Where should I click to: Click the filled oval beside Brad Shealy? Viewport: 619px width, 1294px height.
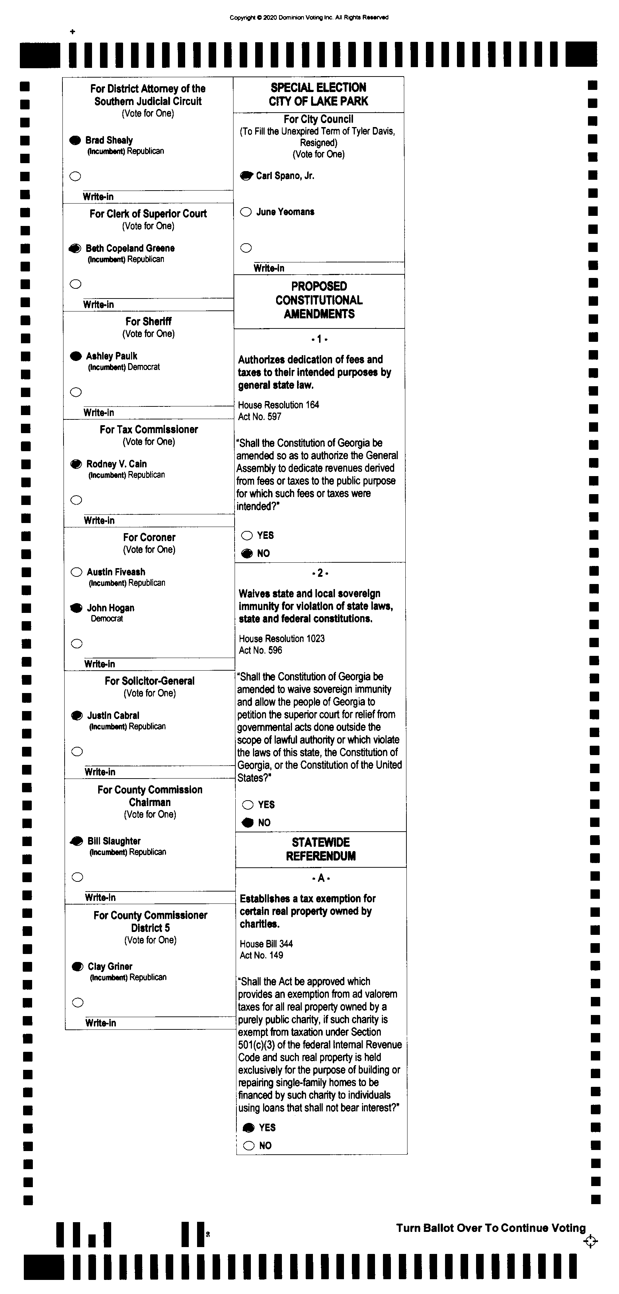tap(75, 140)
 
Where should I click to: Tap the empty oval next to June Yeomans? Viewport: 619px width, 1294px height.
tap(246, 212)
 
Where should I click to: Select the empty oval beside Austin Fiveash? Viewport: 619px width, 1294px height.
tap(77, 572)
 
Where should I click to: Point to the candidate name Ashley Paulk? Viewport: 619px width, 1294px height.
tap(112, 356)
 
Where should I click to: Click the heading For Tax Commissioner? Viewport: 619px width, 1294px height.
tap(149, 430)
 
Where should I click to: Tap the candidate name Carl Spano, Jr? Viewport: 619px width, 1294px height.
tap(285, 176)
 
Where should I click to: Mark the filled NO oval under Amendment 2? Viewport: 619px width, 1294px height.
tap(248, 822)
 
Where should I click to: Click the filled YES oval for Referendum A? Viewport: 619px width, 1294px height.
tap(249, 1128)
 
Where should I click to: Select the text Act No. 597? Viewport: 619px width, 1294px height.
tap(260, 417)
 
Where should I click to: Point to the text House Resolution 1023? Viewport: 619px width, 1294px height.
tap(282, 639)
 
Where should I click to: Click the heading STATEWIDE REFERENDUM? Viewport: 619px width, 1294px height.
tap(321, 849)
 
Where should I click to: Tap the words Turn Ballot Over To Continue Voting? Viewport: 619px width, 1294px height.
tap(491, 1228)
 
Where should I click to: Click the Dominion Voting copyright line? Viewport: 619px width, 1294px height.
tap(309, 18)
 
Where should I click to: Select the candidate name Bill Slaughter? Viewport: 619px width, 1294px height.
tap(114, 841)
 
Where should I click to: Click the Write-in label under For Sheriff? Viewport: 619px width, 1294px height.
tap(99, 413)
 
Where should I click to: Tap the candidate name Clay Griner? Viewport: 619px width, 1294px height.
tap(110, 967)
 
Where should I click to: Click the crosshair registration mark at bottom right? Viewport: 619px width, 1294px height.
tap(590, 1241)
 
